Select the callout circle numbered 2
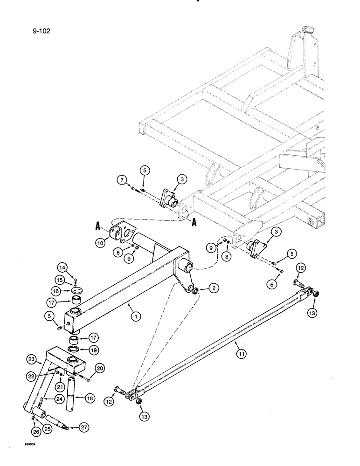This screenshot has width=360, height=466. point(213,289)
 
